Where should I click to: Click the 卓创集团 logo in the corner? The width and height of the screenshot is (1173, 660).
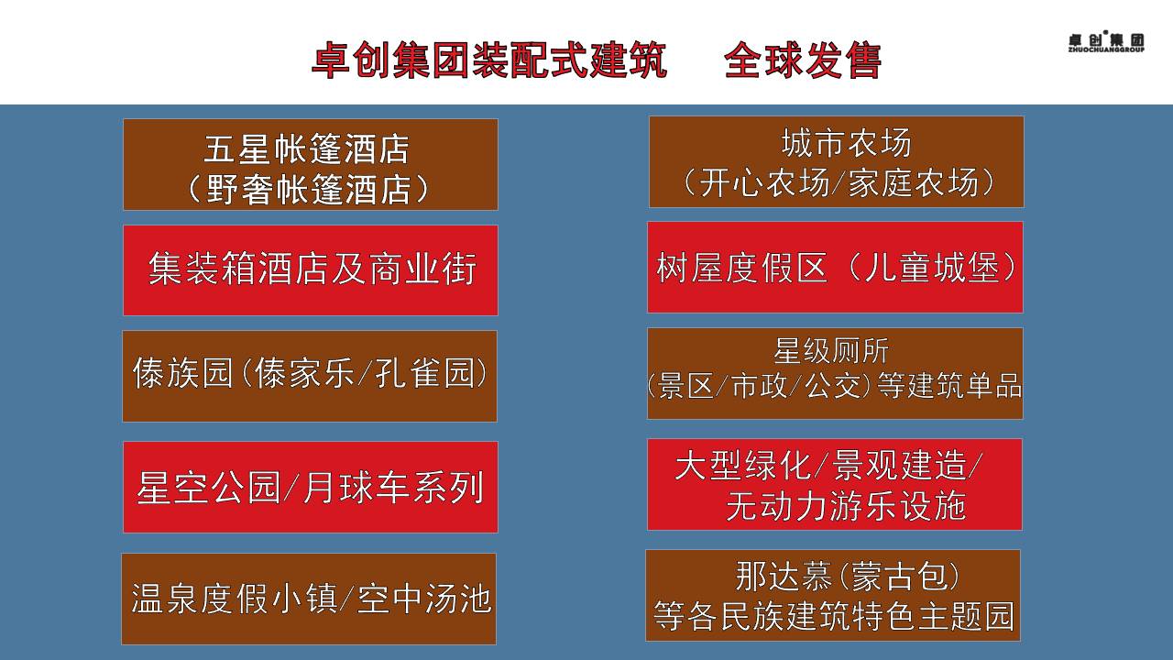click(x=1106, y=41)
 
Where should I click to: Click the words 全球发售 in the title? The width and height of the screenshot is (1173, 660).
click(x=803, y=60)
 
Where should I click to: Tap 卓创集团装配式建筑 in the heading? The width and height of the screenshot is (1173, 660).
click(x=489, y=60)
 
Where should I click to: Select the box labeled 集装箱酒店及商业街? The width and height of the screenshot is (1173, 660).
click(x=311, y=270)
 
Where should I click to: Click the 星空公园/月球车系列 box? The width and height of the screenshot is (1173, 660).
click(x=311, y=487)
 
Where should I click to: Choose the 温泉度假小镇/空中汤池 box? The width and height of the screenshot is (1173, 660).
click(x=309, y=599)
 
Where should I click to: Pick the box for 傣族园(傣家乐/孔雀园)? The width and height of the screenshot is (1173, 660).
click(x=310, y=376)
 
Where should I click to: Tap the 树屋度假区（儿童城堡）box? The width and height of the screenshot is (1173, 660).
click(x=835, y=267)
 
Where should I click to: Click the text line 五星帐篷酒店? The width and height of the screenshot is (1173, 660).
click(x=306, y=148)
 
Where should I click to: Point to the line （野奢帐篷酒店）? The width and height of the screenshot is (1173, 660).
click(x=308, y=189)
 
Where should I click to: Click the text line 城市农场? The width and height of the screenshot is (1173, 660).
click(x=846, y=143)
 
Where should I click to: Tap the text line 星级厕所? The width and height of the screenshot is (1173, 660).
click(x=831, y=350)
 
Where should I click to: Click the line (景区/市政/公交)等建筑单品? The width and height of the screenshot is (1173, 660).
click(x=834, y=386)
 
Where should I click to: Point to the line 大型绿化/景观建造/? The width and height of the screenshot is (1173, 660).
click(x=828, y=465)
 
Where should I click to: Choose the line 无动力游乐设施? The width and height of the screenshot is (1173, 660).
click(x=846, y=505)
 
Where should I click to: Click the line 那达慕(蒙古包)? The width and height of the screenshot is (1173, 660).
click(x=848, y=577)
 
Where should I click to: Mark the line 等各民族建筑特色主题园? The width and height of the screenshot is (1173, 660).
click(x=834, y=616)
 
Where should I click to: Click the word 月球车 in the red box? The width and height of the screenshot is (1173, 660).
click(x=356, y=487)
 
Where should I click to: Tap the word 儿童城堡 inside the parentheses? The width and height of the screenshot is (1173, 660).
click(x=932, y=267)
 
